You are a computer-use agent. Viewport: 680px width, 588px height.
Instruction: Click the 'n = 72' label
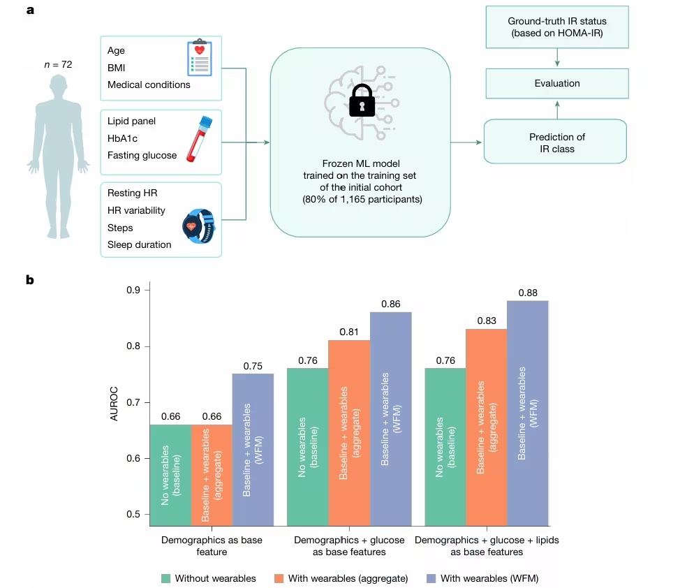[x=58, y=65]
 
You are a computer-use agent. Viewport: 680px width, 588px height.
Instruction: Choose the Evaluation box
[x=556, y=83]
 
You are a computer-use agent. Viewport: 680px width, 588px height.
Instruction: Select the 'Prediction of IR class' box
[x=556, y=142]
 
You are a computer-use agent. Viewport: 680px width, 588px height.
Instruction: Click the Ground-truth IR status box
[x=556, y=27]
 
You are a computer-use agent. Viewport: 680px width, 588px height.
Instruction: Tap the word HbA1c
[x=123, y=138]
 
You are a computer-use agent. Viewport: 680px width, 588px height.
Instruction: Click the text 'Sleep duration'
[x=139, y=244]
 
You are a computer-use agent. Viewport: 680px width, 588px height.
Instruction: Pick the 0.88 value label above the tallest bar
[x=528, y=293]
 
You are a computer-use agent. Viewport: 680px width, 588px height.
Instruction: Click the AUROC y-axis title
[x=114, y=402]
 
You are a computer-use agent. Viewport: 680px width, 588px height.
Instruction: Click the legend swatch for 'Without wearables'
[x=165, y=578]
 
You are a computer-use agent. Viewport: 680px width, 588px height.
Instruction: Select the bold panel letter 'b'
[x=29, y=280]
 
